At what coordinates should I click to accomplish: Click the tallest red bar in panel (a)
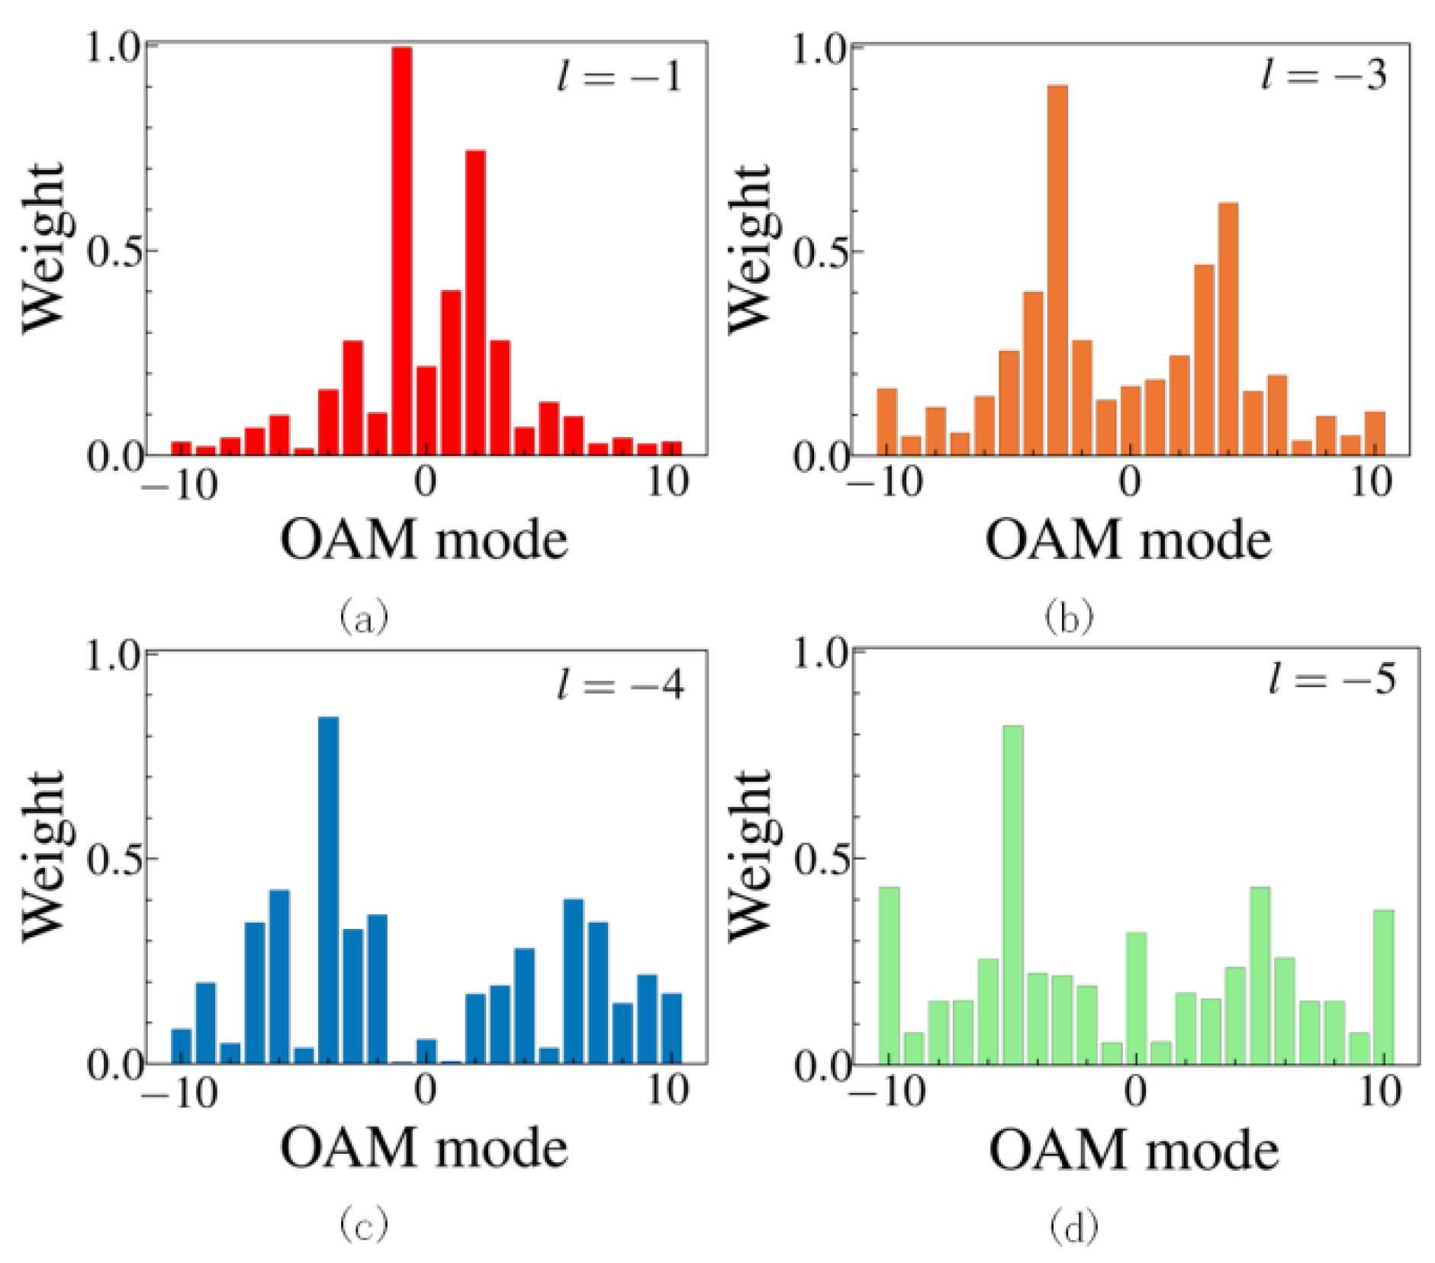tap(402, 252)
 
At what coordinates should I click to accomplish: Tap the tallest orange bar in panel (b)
tap(1057, 271)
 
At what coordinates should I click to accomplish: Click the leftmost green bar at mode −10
tap(890, 975)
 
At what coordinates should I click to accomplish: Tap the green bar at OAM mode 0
tap(1137, 998)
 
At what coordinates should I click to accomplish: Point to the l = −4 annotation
tap(620, 685)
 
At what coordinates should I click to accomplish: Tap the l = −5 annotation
tap(1332, 678)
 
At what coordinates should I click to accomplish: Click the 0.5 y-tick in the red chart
tap(114, 252)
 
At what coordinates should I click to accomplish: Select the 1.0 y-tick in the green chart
tap(821, 655)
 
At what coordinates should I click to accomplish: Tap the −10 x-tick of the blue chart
tap(180, 1092)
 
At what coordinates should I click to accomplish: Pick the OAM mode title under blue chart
tap(424, 1149)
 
